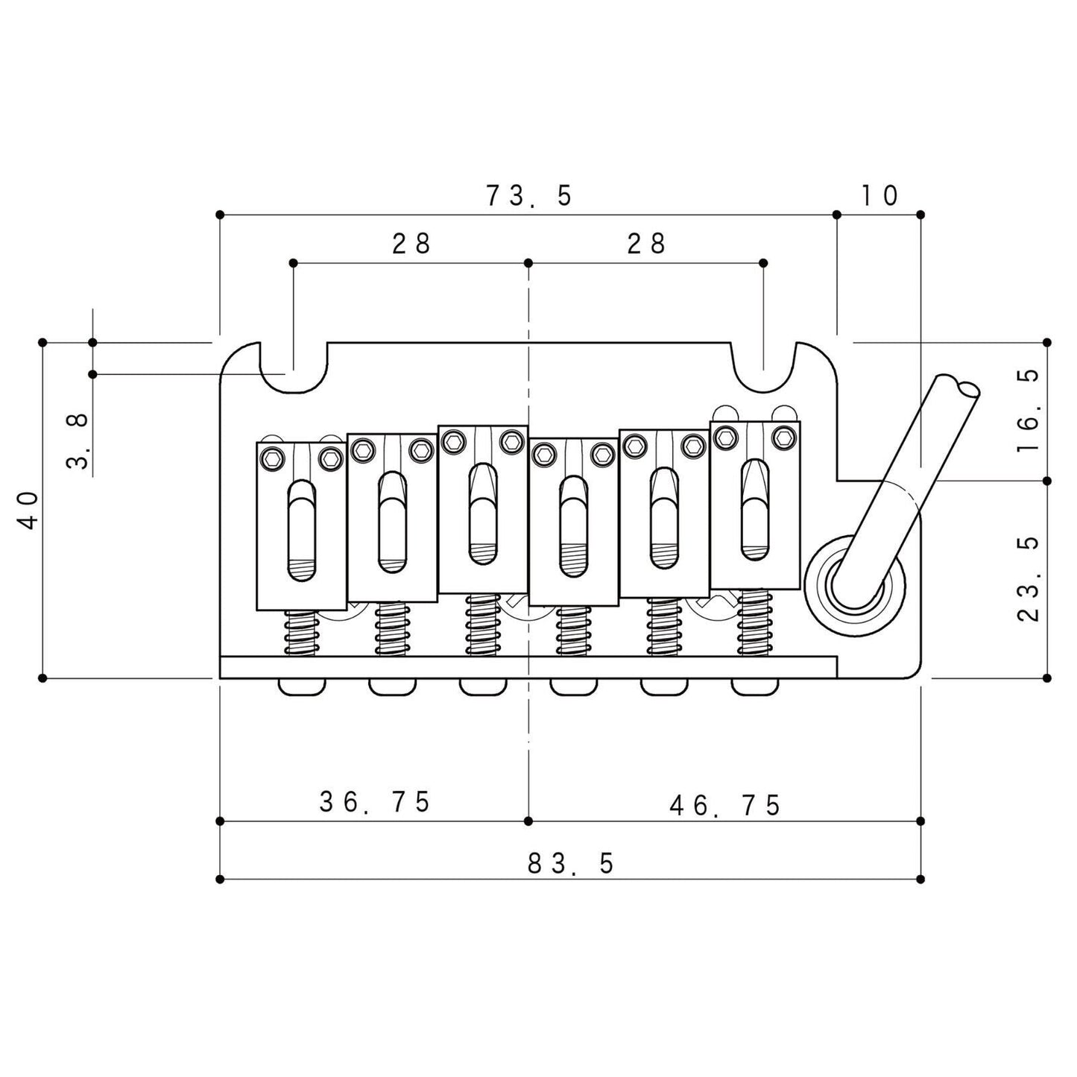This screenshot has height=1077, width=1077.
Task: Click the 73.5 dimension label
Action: click(x=528, y=195)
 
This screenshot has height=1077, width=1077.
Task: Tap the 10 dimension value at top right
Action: click(x=879, y=195)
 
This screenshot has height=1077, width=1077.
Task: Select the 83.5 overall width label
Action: click(x=571, y=864)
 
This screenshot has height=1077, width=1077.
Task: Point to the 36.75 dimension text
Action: click(x=375, y=802)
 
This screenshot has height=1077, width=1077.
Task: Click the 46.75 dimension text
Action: click(x=725, y=806)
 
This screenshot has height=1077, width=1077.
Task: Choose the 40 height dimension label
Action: click(x=28, y=511)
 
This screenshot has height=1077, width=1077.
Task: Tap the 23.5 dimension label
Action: click(x=1029, y=580)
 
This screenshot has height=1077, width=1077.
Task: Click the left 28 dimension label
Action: click(x=411, y=244)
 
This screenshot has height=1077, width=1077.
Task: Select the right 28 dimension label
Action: click(x=647, y=244)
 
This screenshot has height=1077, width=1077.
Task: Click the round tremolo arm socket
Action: click(x=855, y=586)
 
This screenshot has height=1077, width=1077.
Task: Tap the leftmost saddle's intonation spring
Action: click(x=302, y=632)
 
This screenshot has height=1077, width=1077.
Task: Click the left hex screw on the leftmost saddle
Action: click(x=272, y=458)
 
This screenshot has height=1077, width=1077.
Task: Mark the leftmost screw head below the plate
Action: click(x=302, y=687)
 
